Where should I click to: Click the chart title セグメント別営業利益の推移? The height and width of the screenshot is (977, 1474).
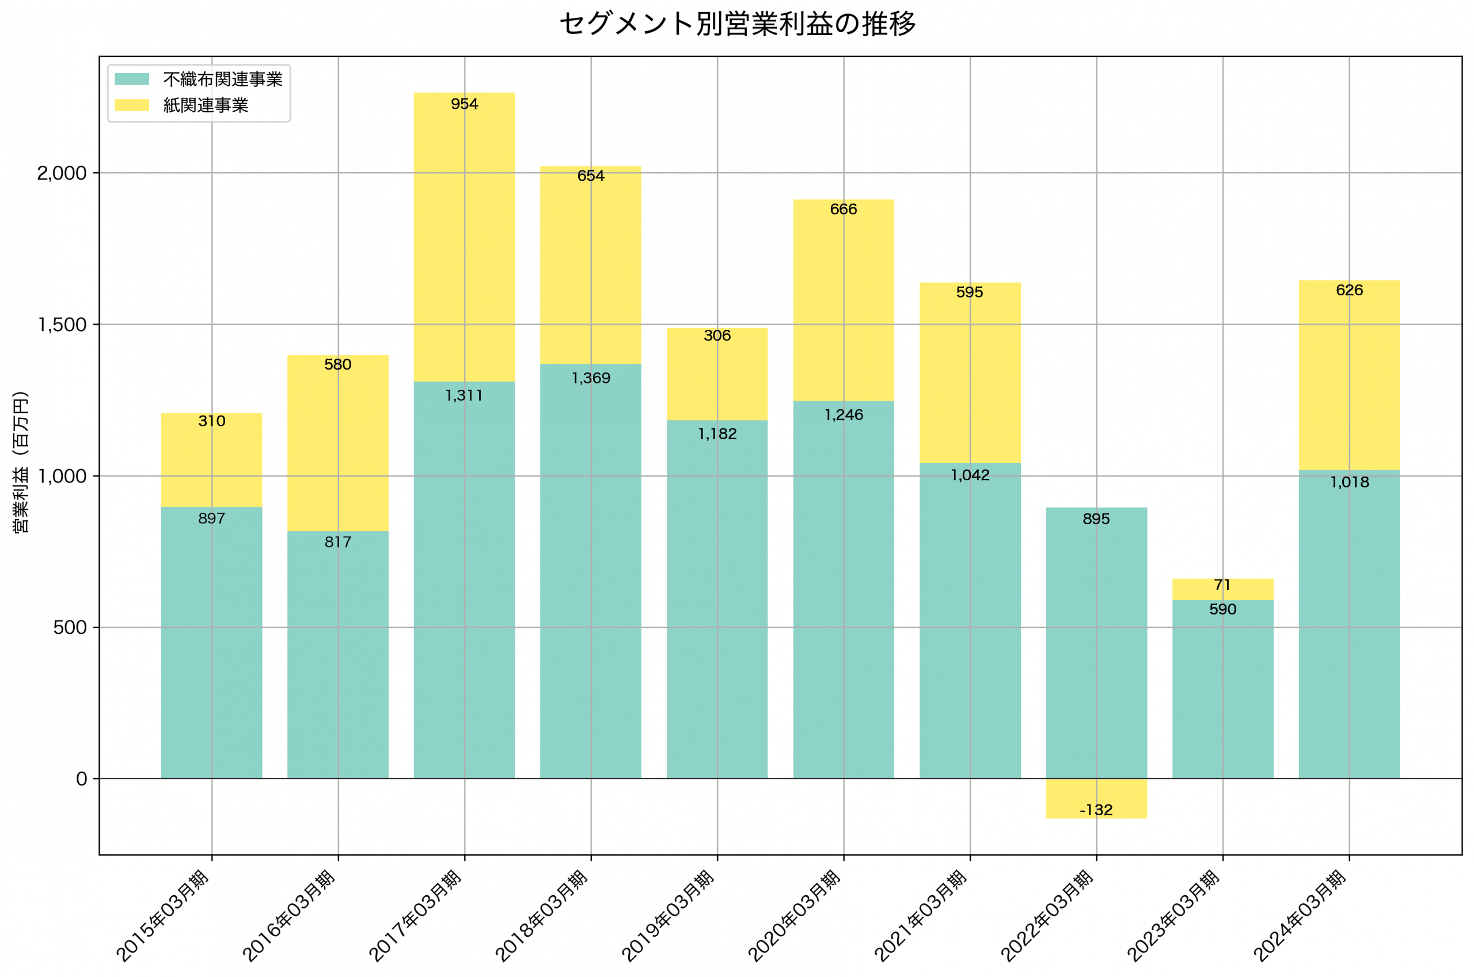point(737,24)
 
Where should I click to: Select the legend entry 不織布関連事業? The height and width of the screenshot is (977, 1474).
point(222,79)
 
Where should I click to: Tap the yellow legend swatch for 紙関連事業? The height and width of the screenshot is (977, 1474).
point(131,105)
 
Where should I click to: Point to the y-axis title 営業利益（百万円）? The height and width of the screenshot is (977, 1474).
point(21,462)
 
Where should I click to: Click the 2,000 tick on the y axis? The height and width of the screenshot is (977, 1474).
point(62,173)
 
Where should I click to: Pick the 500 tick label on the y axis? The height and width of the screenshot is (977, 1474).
point(70,628)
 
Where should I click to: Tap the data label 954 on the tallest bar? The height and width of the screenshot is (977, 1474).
point(464,104)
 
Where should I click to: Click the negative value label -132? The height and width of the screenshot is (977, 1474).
point(1096,810)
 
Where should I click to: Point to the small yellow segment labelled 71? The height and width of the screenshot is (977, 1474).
point(1222,589)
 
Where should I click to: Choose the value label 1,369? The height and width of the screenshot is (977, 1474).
point(591,378)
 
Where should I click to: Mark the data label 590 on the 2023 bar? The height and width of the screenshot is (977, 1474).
point(1222,609)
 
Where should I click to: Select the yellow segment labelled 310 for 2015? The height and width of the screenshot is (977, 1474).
point(211,461)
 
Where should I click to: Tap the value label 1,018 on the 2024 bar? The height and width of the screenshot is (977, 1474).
point(1349,482)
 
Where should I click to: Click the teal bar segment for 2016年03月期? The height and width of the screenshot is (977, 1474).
point(337,654)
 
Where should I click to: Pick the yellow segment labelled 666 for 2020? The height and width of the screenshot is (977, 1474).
point(843,299)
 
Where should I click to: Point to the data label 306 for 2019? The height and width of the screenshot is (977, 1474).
point(717,336)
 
